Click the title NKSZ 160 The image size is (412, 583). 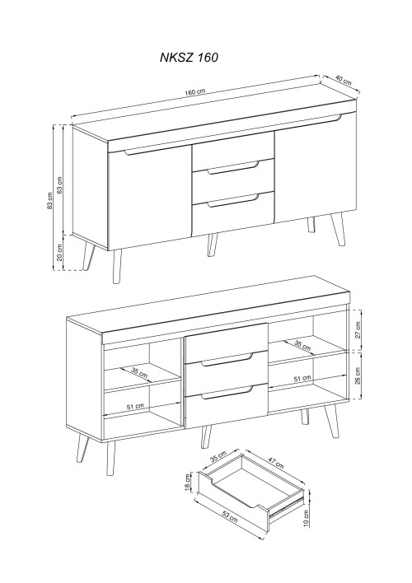(189, 58)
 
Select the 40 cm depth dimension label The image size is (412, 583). (343, 80)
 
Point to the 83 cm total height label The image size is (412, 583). (50, 200)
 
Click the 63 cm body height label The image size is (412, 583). (59, 184)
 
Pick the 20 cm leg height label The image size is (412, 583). (59, 253)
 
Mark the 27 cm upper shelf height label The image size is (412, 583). (358, 330)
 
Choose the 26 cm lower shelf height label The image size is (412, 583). (358, 375)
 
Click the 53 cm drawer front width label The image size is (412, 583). (230, 516)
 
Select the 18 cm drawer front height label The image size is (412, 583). (187, 483)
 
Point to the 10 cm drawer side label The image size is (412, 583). (306, 518)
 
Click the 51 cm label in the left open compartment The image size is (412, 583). (135, 407)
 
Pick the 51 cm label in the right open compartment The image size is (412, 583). (302, 378)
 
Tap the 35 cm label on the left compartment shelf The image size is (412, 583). (139, 372)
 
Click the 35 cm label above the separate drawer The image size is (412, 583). (218, 456)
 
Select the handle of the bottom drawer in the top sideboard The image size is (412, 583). (233, 201)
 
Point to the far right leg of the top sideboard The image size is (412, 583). (338, 230)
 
